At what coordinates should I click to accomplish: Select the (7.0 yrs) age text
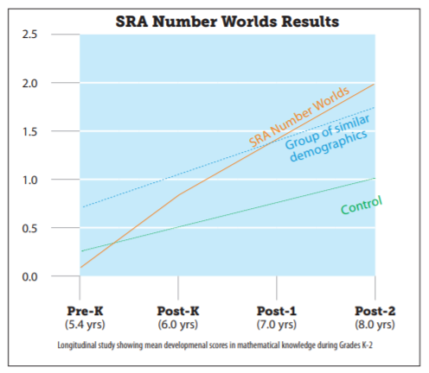click(277, 325)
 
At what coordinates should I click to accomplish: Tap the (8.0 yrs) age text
click(375, 325)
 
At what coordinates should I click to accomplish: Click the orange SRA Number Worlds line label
click(298, 116)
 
